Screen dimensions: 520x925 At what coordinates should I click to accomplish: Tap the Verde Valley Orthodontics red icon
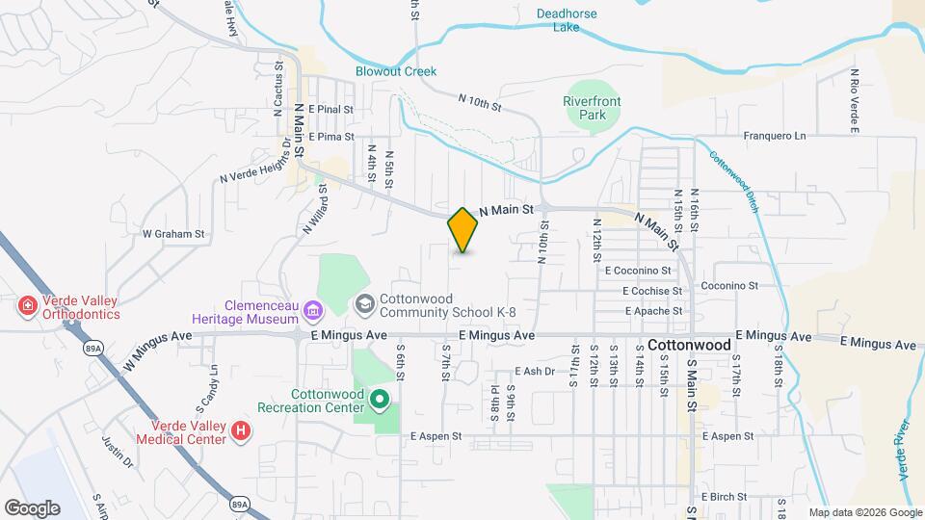(28, 307)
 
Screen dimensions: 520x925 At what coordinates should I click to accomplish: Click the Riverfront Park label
(592, 108)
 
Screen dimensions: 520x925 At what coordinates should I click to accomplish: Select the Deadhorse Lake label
(567, 20)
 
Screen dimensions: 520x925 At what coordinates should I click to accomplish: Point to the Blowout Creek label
(396, 71)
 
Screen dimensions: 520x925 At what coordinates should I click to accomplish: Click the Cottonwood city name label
(689, 344)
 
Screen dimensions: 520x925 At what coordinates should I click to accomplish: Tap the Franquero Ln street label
(774, 136)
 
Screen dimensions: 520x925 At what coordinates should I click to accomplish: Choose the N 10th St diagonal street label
(481, 102)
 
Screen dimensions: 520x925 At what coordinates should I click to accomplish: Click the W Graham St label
(173, 233)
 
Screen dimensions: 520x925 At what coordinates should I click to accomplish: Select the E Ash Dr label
(536, 371)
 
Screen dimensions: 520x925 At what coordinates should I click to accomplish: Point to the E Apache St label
(653, 311)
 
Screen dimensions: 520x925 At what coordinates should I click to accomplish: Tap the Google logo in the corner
(32, 508)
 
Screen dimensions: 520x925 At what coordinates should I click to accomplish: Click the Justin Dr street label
(116, 451)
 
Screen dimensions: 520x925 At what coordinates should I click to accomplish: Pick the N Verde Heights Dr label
(254, 166)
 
